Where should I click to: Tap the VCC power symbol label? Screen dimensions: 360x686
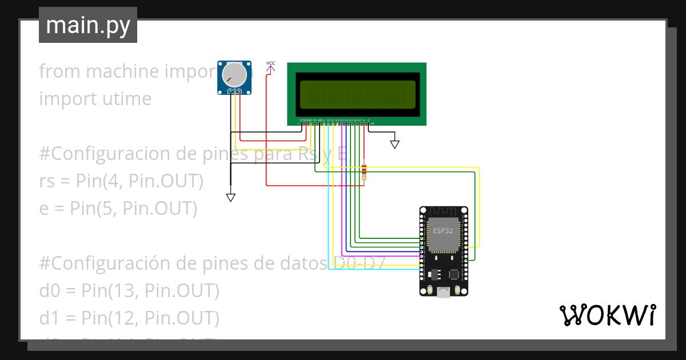270,63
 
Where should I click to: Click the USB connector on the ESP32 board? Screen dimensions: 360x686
444,293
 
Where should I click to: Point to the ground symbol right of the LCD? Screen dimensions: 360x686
394,144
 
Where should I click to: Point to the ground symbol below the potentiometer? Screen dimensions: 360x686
230,197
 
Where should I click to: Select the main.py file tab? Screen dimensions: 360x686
88,25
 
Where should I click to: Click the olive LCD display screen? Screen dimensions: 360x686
357,94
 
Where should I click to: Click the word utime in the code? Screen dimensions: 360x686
123,99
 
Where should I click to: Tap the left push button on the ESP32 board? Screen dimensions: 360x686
429,291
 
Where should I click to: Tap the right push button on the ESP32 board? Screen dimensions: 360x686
458,291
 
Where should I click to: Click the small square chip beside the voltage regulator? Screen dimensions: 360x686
454,274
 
